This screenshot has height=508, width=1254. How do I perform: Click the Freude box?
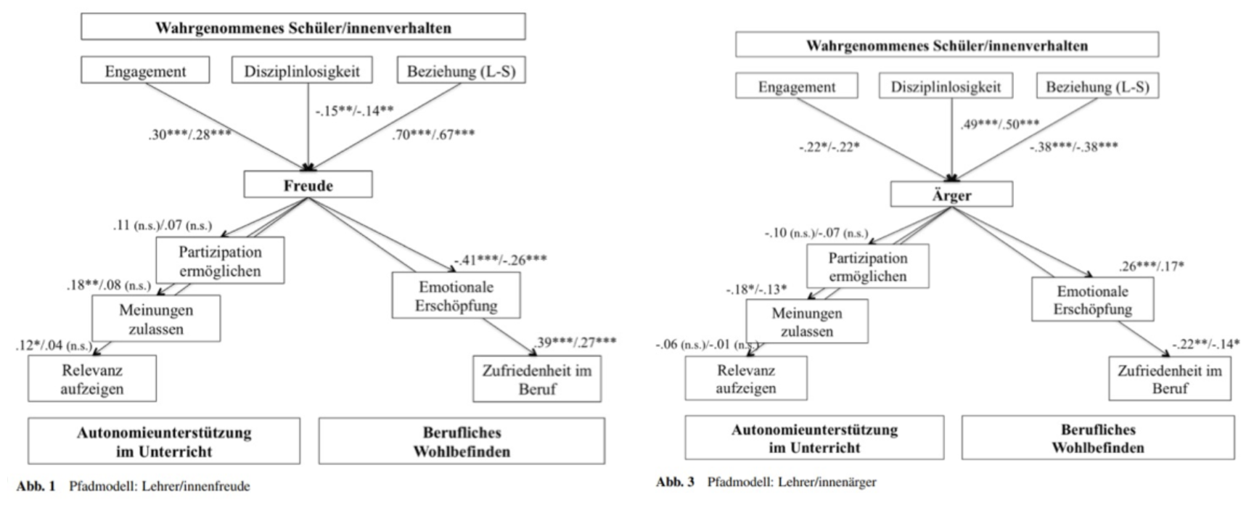(308, 185)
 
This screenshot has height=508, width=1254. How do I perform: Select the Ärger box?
(951, 194)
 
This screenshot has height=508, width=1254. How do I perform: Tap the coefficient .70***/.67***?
(434, 134)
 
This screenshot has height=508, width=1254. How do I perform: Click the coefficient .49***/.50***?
(1000, 124)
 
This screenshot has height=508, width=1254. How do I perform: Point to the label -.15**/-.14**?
(354, 111)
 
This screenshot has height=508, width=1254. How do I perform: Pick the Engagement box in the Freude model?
(145, 71)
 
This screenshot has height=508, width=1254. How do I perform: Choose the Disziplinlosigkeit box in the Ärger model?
(946, 87)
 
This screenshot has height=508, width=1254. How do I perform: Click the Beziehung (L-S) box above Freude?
(461, 71)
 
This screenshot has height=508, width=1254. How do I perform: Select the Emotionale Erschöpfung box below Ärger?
(1092, 300)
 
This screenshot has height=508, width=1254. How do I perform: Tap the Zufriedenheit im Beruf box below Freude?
(536, 379)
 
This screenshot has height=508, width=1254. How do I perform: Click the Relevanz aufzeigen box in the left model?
(91, 379)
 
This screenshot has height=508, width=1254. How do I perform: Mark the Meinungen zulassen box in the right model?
(806, 322)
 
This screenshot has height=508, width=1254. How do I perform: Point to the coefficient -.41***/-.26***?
(501, 260)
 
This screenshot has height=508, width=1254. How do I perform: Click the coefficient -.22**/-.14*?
(1205, 344)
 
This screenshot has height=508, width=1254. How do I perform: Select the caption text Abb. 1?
(35, 486)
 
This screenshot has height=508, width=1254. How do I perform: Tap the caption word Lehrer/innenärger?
(827, 482)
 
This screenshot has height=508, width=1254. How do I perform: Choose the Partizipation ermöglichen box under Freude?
(219, 261)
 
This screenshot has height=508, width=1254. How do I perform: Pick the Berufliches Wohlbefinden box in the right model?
(1097, 438)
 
